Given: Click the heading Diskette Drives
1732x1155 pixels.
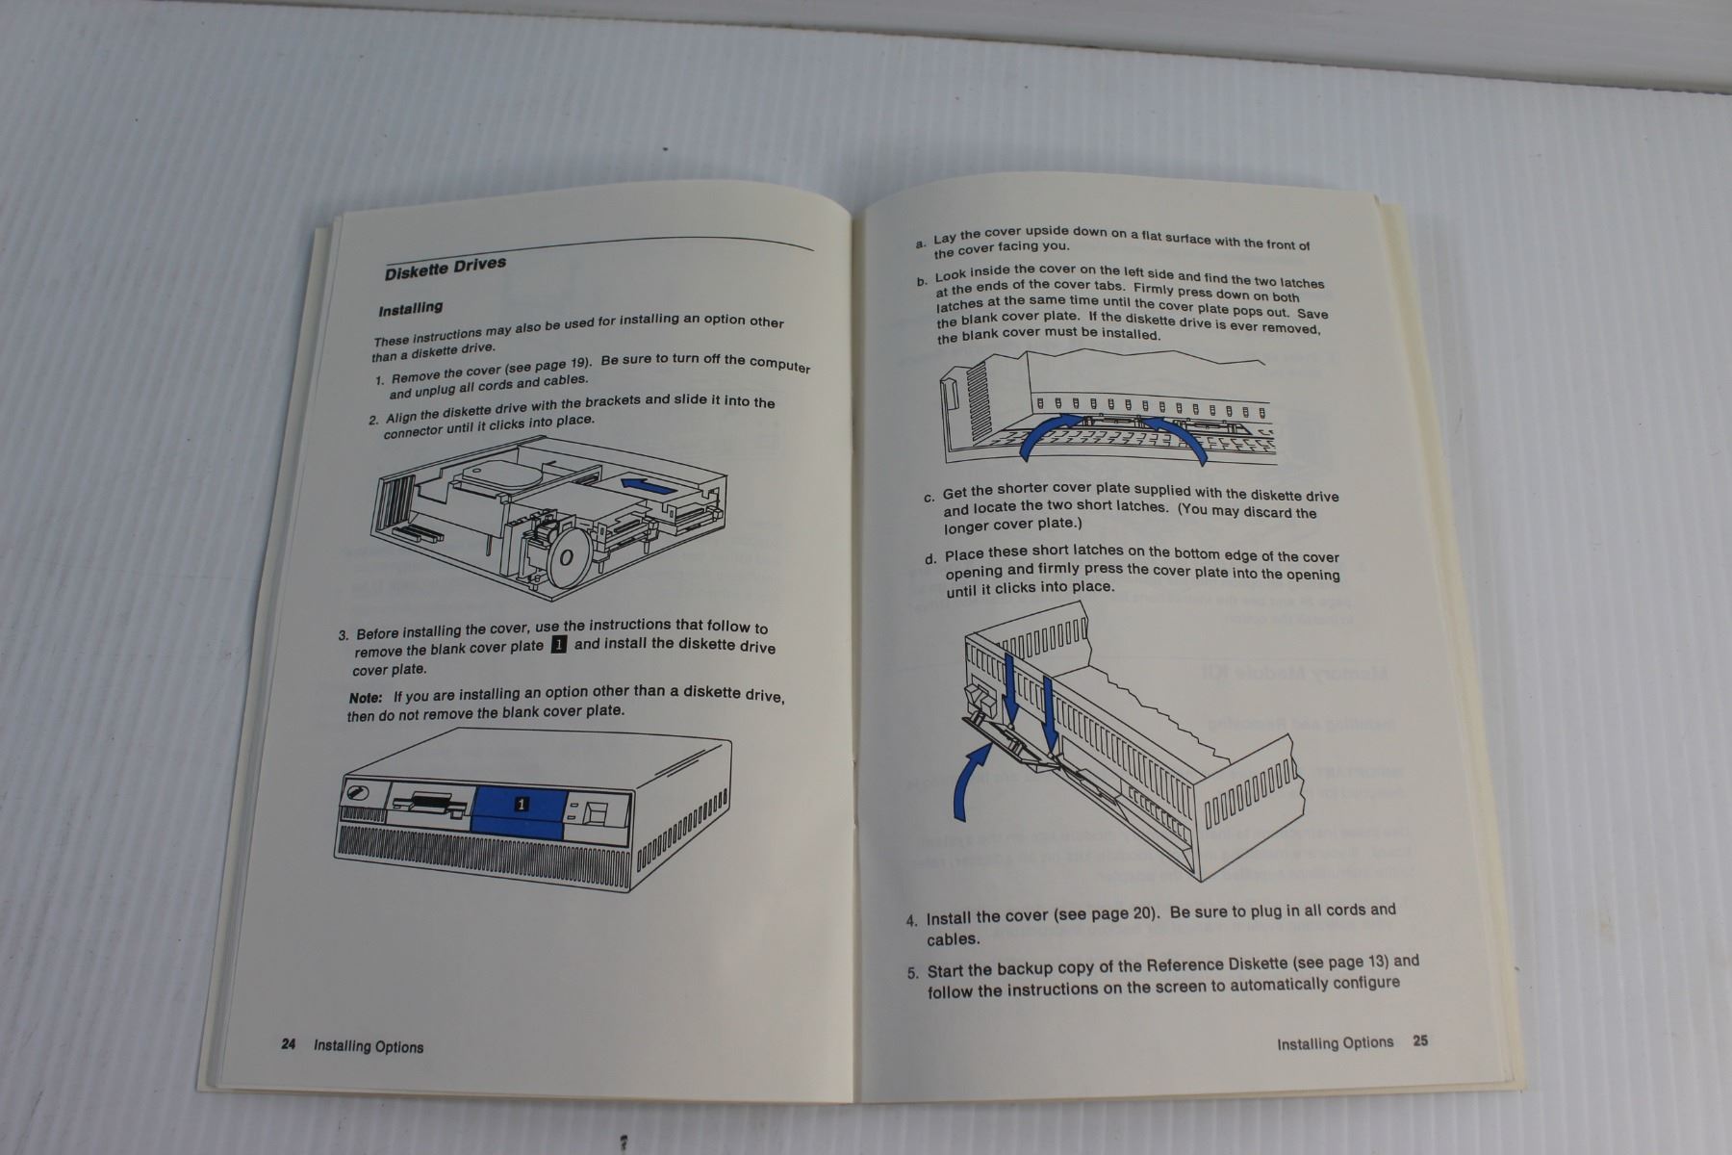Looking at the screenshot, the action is coord(446,268).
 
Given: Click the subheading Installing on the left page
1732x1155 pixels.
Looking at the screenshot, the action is coord(410,309).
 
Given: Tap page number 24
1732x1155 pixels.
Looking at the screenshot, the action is coord(289,1044).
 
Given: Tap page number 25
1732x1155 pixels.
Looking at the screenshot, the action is coord(1420,1040).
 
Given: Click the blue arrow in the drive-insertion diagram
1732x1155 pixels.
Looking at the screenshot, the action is coord(645,485).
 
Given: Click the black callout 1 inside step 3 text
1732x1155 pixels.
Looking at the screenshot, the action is coord(558,645).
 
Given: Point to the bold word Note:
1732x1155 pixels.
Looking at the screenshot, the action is coord(366,698).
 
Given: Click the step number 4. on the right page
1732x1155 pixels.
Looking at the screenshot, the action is coord(912,920).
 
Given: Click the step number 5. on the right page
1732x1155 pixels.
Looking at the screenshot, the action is coord(913,972).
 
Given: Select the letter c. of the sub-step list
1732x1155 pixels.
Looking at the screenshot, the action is coord(929,498).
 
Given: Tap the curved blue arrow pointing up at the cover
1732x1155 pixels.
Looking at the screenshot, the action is coord(970,784).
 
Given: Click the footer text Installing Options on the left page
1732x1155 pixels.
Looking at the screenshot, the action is coord(369,1046).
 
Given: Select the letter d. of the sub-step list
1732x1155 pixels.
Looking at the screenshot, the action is coord(930,559).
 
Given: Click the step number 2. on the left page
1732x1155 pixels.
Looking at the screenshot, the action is coord(373,421).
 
